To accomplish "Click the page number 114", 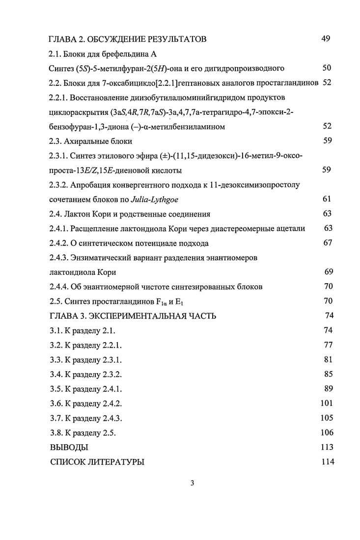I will tap(326, 461).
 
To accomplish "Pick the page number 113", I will tap(326, 447).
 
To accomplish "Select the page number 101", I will tap(326, 404).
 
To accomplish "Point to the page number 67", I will tap(328, 243).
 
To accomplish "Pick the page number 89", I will tap(328, 389).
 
